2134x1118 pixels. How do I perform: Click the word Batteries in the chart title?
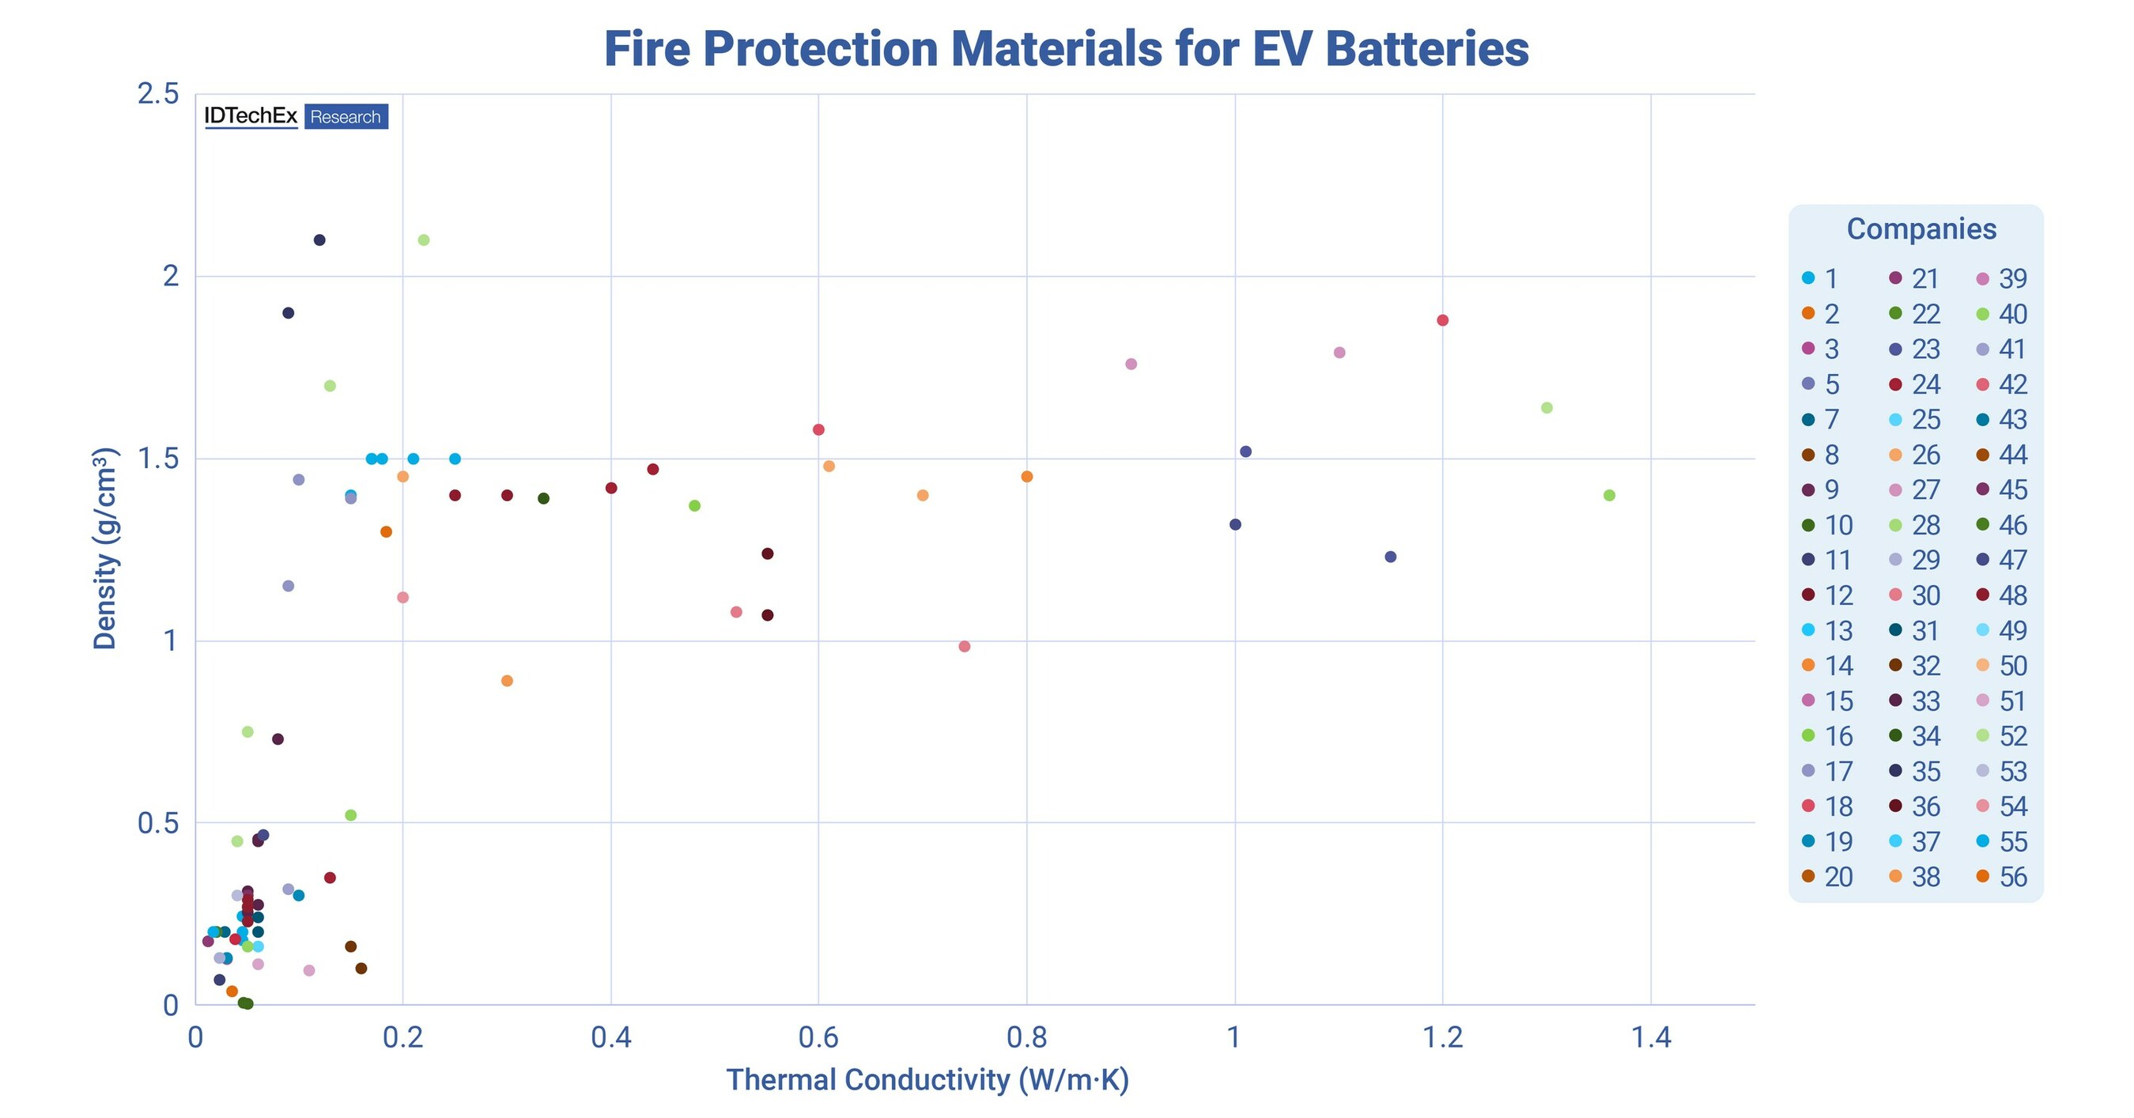click(x=1426, y=50)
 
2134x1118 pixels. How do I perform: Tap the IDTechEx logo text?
click(x=250, y=117)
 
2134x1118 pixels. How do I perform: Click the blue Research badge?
click(x=346, y=117)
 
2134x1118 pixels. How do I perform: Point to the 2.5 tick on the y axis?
click(x=158, y=94)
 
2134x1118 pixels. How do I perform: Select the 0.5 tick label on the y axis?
click(x=158, y=823)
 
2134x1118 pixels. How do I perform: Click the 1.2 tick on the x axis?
click(x=1442, y=1037)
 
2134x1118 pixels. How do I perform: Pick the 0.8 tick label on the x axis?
click(x=1026, y=1037)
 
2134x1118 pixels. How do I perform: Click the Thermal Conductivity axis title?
click(x=927, y=1081)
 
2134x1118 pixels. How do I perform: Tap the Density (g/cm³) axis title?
click(x=105, y=548)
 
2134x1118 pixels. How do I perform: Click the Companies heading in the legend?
click(x=1921, y=229)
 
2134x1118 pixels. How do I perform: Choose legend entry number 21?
click(x=1915, y=279)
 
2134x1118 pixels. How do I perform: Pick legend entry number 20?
click(x=1828, y=877)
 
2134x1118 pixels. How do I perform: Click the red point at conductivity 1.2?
click(x=1442, y=320)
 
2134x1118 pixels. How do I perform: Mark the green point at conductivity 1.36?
click(x=1609, y=495)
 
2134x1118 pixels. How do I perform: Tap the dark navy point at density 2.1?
click(x=319, y=240)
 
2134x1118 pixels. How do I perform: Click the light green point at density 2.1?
click(x=423, y=240)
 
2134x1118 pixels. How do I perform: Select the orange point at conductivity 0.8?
click(x=1026, y=476)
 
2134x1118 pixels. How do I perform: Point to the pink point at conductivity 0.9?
click(x=1131, y=364)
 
